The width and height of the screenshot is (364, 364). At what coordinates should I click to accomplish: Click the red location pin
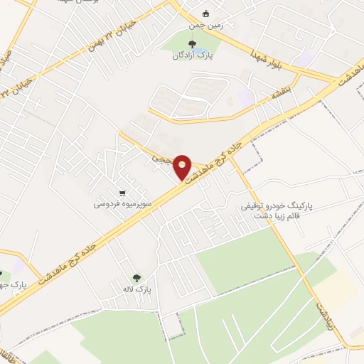182,167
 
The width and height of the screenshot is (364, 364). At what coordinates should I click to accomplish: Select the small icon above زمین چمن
206,14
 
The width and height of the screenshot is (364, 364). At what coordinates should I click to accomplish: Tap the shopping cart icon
123,193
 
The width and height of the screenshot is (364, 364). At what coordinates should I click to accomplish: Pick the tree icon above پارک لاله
136,277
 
